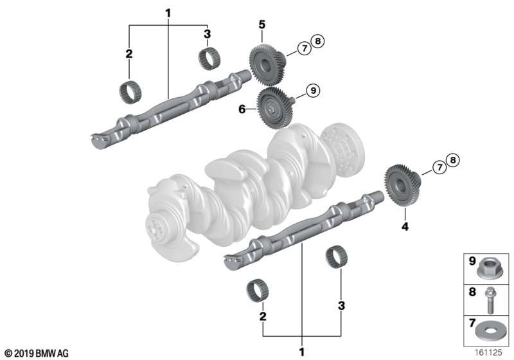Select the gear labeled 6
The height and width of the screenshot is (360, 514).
tap(274, 107)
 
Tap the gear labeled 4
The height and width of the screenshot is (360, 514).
tap(402, 185)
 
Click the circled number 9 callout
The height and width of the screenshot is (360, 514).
tap(313, 90)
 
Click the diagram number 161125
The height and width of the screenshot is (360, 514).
tap(488, 352)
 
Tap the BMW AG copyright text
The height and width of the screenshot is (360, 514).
tap(37, 354)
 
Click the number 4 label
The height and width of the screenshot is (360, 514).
tap(405, 226)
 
